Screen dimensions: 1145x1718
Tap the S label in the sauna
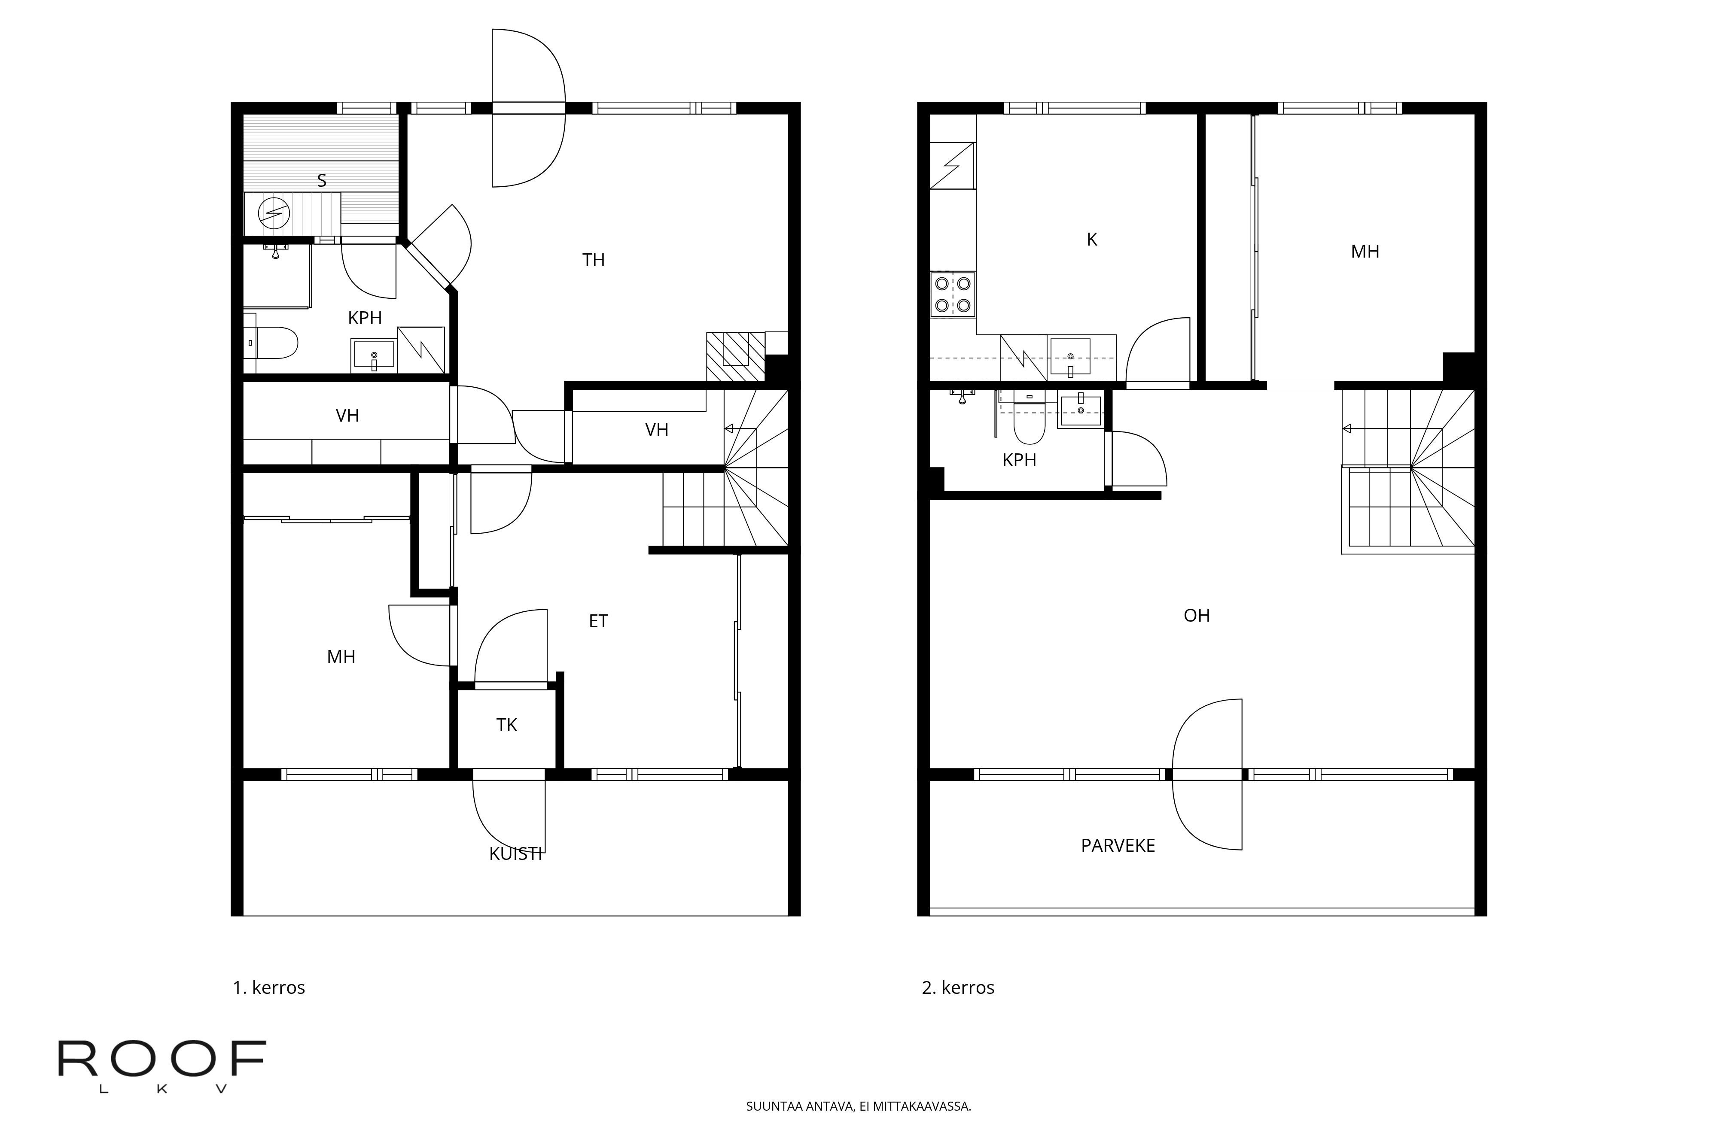pyautogui.click(x=321, y=180)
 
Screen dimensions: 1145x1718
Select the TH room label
pyautogui.click(x=593, y=260)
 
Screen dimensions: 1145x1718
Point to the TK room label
pyautogui.click(x=506, y=725)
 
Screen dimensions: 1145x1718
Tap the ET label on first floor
pyautogui.click(x=598, y=621)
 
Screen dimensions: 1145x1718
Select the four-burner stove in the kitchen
pyautogui.click(x=953, y=294)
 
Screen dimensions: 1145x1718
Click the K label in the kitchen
pyautogui.click(x=1092, y=240)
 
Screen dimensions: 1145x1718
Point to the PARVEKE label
pyautogui.click(x=1118, y=846)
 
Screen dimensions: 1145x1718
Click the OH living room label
pyautogui.click(x=1197, y=616)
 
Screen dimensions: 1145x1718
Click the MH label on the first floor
pyautogui.click(x=341, y=656)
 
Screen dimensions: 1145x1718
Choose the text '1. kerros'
pyautogui.click(x=269, y=988)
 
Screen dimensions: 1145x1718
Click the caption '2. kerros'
pyautogui.click(x=958, y=988)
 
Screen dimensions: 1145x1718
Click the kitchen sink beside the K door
pyautogui.click(x=1070, y=356)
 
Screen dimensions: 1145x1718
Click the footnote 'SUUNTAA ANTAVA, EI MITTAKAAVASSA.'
pyautogui.click(x=858, y=1106)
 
